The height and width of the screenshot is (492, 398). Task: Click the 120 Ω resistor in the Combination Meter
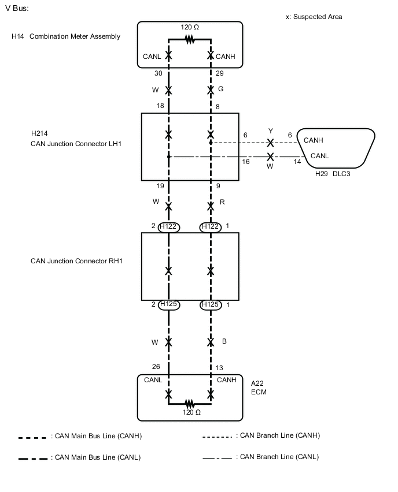click(189, 39)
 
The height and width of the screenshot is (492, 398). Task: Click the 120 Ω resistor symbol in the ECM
click(189, 404)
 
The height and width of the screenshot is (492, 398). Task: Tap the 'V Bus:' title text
click(16, 9)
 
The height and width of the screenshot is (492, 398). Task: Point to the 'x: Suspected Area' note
click(314, 17)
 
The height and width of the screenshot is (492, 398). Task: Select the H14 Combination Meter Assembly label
click(66, 36)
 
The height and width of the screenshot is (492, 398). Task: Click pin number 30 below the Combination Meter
click(158, 74)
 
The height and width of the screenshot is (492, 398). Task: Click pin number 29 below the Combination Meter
click(219, 74)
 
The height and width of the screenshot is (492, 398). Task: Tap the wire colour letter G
click(221, 90)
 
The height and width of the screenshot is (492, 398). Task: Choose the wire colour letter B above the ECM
click(224, 341)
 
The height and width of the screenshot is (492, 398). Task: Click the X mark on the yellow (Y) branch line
click(270, 142)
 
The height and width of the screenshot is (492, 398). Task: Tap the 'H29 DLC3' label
click(333, 173)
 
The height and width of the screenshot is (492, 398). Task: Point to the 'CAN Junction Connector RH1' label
click(76, 261)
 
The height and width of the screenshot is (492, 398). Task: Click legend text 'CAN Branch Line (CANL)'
click(279, 457)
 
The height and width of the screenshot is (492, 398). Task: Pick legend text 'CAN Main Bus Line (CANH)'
click(96, 437)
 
